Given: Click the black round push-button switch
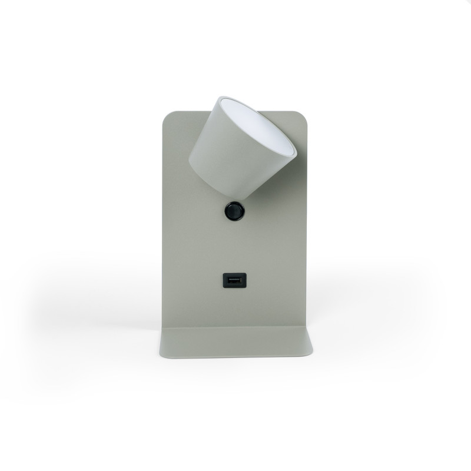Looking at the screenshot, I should [x=234, y=211].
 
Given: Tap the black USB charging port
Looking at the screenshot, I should [x=232, y=281].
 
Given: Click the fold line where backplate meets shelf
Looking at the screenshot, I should [x=235, y=328].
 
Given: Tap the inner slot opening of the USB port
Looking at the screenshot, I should [x=232, y=281].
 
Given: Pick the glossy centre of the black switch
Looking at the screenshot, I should [x=234, y=210].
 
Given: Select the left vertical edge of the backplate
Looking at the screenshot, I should [x=162, y=224].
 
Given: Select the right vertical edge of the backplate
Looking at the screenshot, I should [x=310, y=224].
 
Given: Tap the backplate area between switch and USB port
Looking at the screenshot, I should [x=233, y=247].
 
